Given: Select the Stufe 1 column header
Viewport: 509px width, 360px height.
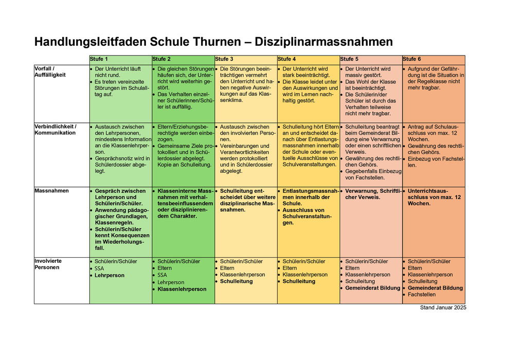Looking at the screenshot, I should (99, 59).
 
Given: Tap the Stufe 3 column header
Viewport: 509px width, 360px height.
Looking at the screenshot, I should (224, 59).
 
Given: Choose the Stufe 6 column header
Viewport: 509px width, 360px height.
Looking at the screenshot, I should (412, 59).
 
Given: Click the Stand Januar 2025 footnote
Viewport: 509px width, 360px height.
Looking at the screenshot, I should (443, 308).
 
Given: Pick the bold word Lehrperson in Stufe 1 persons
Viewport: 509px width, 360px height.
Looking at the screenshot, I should (110, 275).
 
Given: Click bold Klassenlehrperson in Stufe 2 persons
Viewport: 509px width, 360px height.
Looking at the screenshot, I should (182, 289).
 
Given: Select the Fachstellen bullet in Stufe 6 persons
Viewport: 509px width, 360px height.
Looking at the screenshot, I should (422, 295).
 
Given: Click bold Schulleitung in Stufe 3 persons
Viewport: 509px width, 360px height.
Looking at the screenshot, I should (237, 281).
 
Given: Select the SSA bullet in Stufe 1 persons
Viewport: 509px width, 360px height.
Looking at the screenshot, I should (99, 268).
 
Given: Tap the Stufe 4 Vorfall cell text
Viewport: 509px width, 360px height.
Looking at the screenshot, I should (307, 85).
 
